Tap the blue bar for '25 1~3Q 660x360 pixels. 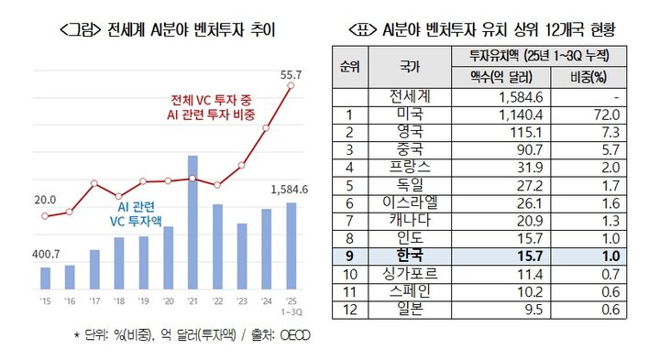pos(291,246)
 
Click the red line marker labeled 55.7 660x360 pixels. pos(291,86)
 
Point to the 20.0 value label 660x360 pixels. pos(45,199)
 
